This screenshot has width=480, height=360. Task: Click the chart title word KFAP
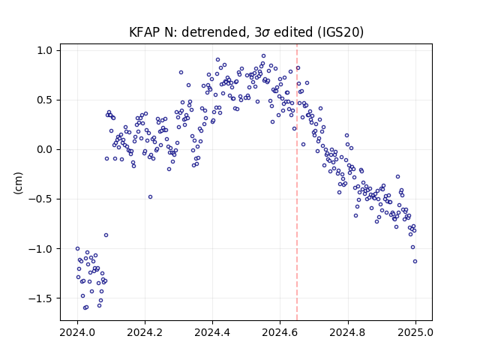pos(145,32)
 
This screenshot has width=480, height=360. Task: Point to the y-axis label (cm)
pos(18,183)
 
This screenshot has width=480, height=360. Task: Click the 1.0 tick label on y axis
pos(45,50)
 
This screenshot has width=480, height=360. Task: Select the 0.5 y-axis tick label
pos(45,100)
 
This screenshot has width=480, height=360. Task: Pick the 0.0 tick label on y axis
pos(45,150)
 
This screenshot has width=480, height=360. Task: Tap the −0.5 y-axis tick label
pos(40,199)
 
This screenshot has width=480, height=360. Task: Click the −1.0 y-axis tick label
pos(40,249)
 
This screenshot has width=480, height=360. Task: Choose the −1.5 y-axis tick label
pos(40,298)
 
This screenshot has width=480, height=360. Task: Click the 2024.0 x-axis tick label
pos(77,332)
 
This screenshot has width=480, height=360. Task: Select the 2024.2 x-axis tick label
pos(145,332)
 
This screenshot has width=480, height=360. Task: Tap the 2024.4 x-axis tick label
pos(212,332)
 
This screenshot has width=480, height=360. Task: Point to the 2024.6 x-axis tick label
pos(280,332)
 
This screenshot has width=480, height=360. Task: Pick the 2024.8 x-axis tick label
pos(348,332)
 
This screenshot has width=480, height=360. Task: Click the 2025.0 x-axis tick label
pos(415,332)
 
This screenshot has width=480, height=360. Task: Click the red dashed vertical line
pos(297,182)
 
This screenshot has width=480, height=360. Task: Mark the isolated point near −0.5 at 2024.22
pos(150,196)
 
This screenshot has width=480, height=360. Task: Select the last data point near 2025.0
pos(415,262)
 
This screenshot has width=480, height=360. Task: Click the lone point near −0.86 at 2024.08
pos(106,235)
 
